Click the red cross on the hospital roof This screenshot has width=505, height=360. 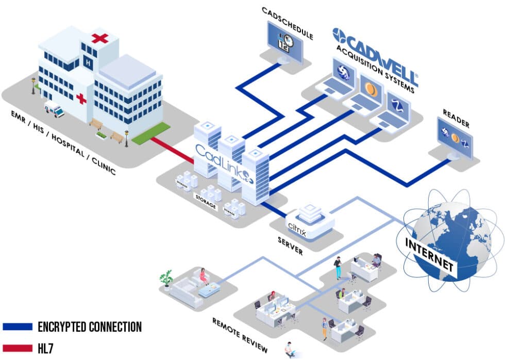tap(100, 38)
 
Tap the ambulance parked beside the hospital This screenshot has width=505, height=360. tap(54, 109)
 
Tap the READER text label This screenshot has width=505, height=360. tap(456, 118)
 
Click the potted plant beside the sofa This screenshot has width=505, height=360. tap(166, 279)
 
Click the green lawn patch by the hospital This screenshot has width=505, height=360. tap(151, 132)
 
